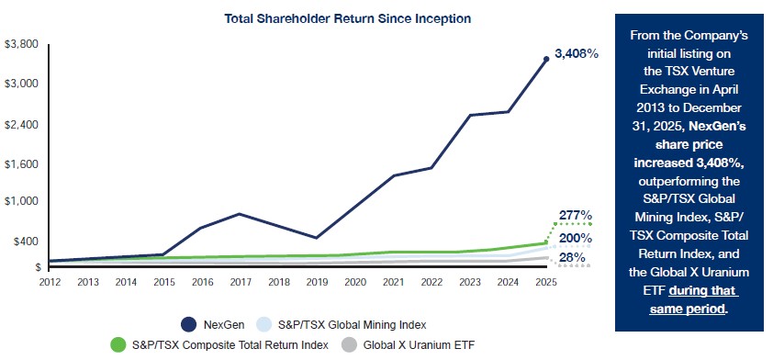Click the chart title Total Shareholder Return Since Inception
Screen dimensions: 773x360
(348, 18)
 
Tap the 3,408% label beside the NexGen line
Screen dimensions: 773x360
(577, 54)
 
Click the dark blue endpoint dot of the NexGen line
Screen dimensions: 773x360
(545, 59)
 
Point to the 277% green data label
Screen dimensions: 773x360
(576, 215)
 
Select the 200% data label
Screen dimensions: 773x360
(576, 238)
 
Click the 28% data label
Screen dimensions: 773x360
(572, 257)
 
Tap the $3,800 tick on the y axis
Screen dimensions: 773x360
(21, 44)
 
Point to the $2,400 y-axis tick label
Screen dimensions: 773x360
(21, 125)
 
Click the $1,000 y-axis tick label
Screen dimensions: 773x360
(21, 202)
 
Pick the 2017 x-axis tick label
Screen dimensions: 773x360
(241, 283)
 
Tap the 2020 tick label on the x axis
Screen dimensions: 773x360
(355, 283)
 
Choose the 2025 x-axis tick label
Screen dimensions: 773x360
(546, 283)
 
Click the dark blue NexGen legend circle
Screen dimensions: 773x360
(190, 325)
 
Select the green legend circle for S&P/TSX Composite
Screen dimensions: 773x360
(118, 344)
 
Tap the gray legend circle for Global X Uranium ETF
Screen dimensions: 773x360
(350, 344)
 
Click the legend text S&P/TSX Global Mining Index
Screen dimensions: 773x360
(353, 325)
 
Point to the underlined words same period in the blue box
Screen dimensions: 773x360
(688, 309)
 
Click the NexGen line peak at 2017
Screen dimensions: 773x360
(240, 214)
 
